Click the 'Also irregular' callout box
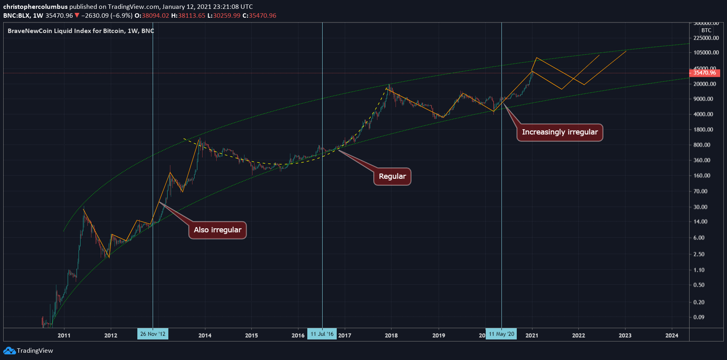click(x=217, y=230)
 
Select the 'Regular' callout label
click(x=392, y=176)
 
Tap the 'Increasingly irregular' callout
click(x=559, y=132)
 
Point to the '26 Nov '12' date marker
click(x=153, y=334)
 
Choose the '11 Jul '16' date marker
click(x=322, y=334)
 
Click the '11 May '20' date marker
click(x=501, y=334)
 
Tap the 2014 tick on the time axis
click(x=205, y=335)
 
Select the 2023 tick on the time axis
click(x=625, y=335)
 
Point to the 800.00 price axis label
click(x=702, y=145)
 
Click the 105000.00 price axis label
click(x=706, y=52)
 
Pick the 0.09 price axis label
click(x=699, y=317)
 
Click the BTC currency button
click(x=706, y=30)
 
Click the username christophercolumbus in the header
click(x=35, y=6)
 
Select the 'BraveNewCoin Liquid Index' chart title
click(x=81, y=31)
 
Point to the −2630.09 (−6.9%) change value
click(x=106, y=15)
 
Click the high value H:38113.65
click(x=188, y=15)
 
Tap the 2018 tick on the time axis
click(x=391, y=335)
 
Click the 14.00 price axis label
click(x=700, y=221)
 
